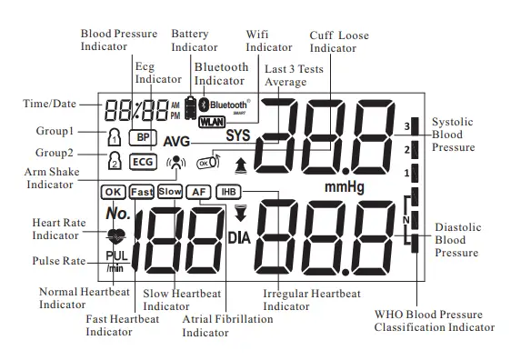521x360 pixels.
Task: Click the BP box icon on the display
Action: click(142, 137)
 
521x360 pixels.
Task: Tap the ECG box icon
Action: click(143, 161)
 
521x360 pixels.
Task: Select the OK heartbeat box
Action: click(114, 191)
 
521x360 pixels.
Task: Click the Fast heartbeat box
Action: click(142, 191)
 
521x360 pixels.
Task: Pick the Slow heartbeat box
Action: click(170, 191)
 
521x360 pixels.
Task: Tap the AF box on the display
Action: click(198, 191)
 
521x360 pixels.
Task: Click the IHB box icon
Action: click(227, 191)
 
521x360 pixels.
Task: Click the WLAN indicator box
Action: click(211, 121)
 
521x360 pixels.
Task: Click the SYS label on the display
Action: click(237, 136)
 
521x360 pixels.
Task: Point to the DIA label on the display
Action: click(239, 238)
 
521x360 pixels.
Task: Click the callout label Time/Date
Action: click(48, 104)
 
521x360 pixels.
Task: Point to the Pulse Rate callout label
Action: click(58, 262)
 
